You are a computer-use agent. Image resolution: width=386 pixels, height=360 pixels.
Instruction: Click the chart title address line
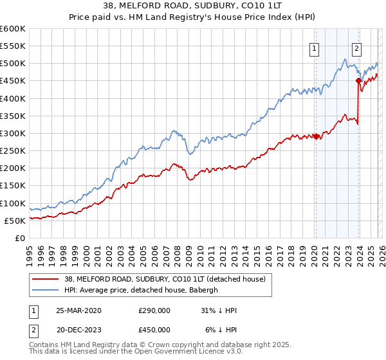tap(193, 5)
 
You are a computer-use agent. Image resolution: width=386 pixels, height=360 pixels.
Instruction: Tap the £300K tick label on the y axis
tap(13, 133)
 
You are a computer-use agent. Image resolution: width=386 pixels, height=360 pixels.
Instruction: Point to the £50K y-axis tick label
tap(15, 221)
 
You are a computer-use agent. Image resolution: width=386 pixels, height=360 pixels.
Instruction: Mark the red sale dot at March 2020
tap(316, 136)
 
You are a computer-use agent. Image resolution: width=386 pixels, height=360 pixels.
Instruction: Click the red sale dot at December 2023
tap(358, 81)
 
